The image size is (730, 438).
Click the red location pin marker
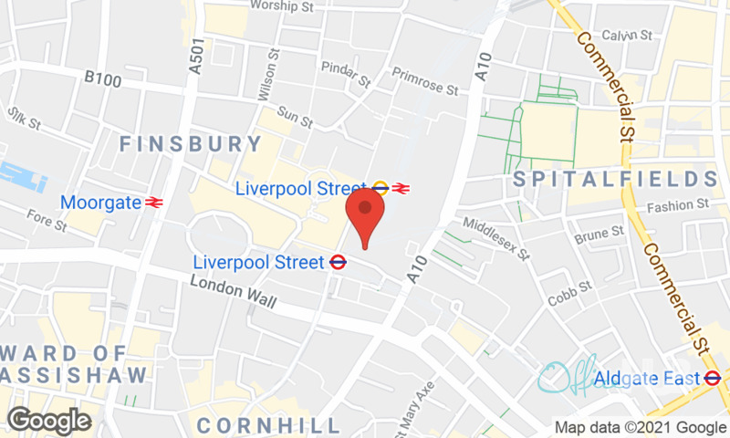tap(365, 212)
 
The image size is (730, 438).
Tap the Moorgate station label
tap(100, 201)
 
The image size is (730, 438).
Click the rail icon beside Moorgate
tap(153, 201)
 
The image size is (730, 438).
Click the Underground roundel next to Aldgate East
tap(713, 378)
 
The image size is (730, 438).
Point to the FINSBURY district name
tap(190, 143)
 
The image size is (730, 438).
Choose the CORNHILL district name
tap(268, 425)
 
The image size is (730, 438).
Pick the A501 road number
tap(194, 56)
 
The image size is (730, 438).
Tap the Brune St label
tap(599, 238)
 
